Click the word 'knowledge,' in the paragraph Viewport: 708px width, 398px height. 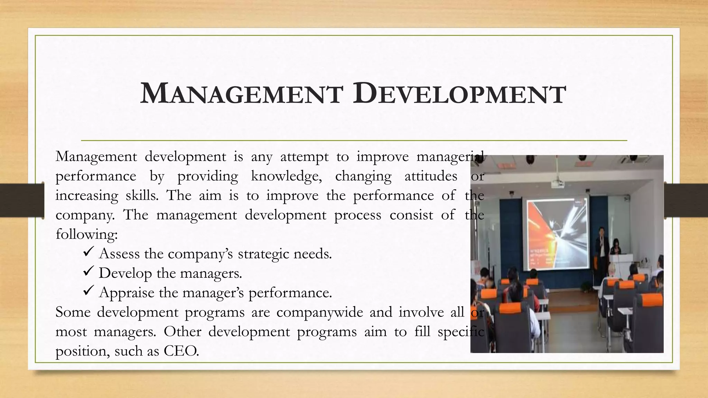tap(286, 176)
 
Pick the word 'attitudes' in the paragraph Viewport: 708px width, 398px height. tap(430, 176)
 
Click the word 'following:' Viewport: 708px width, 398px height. tap(87, 234)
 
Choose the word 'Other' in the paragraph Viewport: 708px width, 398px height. tap(183, 332)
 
